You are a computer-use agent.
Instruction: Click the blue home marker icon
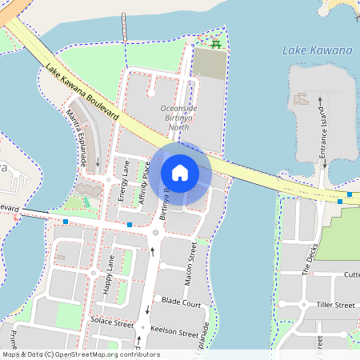[x=180, y=173]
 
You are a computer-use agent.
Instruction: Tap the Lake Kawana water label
[x=317, y=50]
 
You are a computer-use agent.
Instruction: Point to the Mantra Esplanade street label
[x=77, y=138]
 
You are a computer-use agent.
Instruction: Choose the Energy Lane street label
[x=123, y=180]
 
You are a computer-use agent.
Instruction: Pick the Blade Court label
[x=181, y=303]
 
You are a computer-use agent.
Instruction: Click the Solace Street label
[x=112, y=324]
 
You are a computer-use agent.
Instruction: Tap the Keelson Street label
[x=176, y=333]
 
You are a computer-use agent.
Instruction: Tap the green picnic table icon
[x=215, y=45]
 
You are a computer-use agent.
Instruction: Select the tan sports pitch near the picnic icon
[x=210, y=66]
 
